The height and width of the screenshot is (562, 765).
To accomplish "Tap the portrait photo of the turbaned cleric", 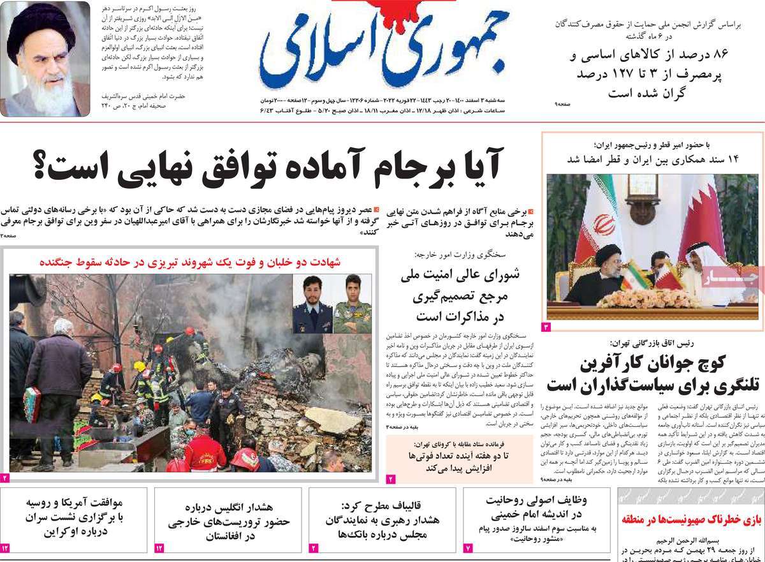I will point(45,59).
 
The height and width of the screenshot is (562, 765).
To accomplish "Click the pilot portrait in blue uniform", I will point(312,304).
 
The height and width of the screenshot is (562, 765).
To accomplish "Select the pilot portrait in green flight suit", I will point(353,304).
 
